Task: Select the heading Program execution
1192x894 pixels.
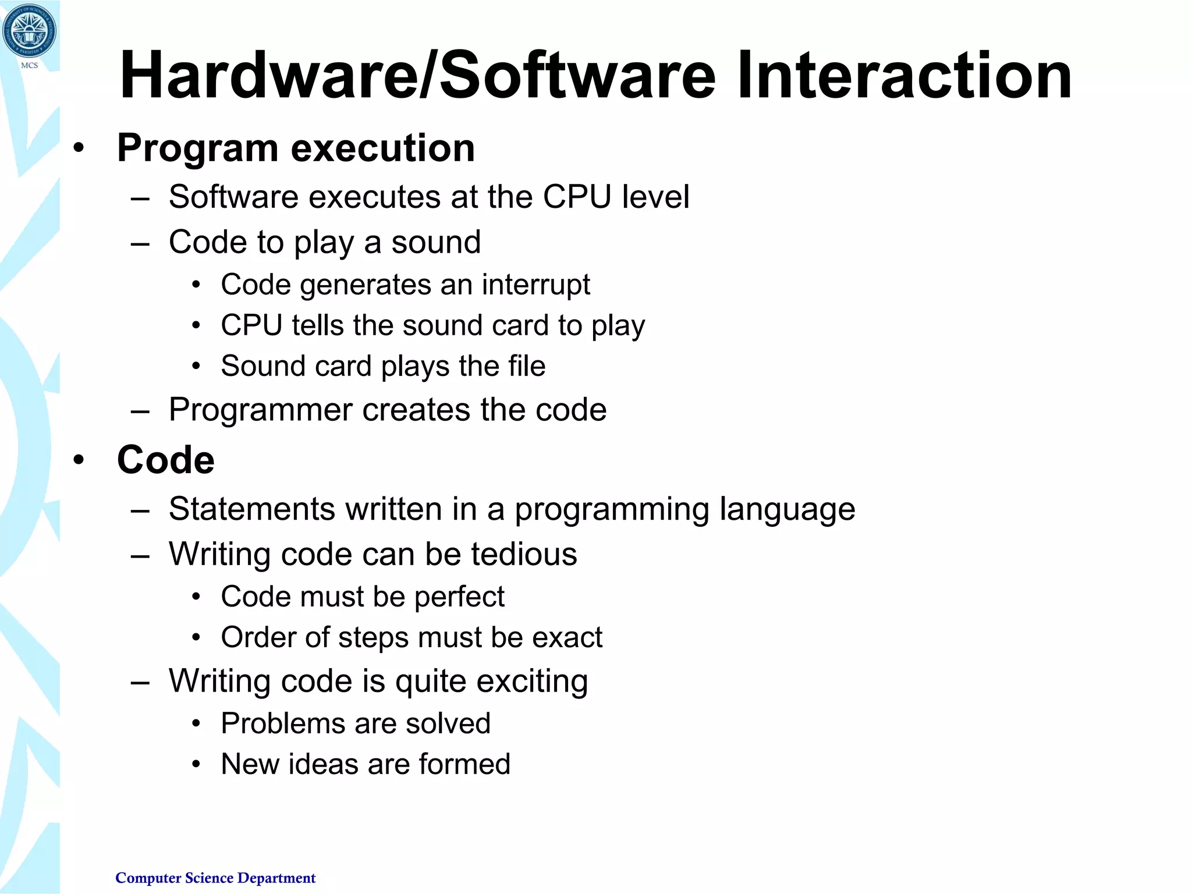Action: click(296, 148)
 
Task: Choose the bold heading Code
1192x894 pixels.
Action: click(166, 460)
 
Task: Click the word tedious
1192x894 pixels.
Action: click(524, 554)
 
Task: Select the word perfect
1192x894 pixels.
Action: click(459, 597)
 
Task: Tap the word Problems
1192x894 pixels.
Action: click(282, 724)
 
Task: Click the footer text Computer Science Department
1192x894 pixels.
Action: click(215, 878)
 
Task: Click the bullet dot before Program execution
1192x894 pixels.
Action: click(79, 148)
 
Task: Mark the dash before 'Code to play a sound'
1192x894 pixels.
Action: click(140, 243)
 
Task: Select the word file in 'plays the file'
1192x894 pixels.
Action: click(526, 366)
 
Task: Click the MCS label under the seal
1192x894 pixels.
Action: click(29, 65)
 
